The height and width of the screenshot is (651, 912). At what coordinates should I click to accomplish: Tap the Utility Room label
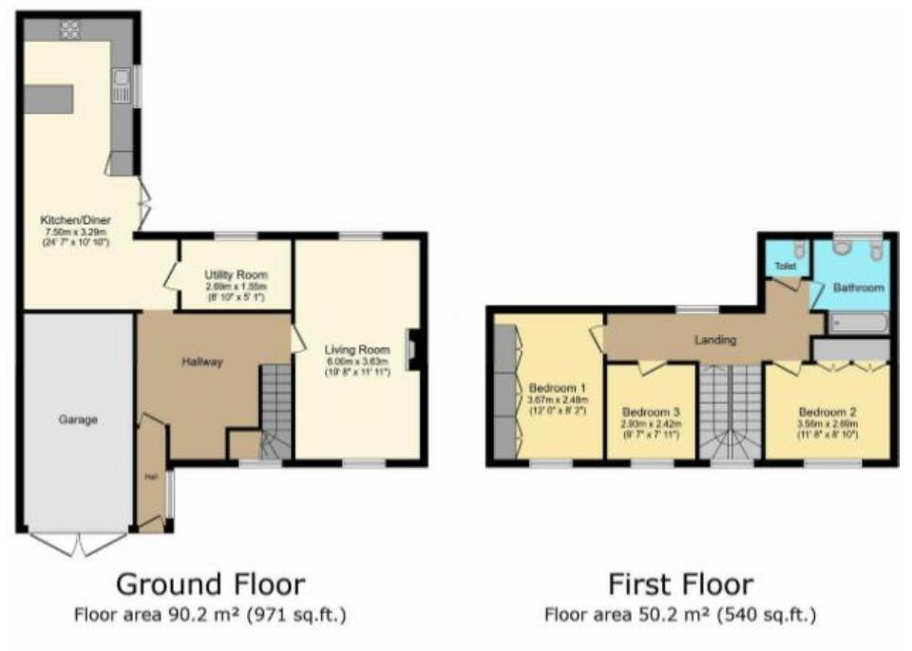[236, 274]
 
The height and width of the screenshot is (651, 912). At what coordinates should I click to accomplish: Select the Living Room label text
[356, 349]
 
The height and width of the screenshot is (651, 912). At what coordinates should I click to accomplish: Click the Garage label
[78, 418]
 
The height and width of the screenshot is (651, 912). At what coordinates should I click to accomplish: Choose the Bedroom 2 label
[827, 412]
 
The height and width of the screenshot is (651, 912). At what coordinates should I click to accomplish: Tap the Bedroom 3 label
[651, 413]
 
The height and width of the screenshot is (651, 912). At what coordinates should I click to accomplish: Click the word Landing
[717, 340]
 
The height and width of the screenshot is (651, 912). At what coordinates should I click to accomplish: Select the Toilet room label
[785, 267]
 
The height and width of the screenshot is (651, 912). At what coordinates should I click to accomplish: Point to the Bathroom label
[858, 287]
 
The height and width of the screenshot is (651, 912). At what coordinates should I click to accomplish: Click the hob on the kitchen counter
[70, 28]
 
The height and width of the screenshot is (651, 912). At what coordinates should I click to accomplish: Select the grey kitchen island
[48, 98]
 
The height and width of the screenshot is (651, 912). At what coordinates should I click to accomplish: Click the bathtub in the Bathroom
[858, 324]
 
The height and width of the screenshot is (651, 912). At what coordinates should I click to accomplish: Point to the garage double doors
[78, 543]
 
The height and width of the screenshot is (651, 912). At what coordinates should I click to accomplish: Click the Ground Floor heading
[210, 583]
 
